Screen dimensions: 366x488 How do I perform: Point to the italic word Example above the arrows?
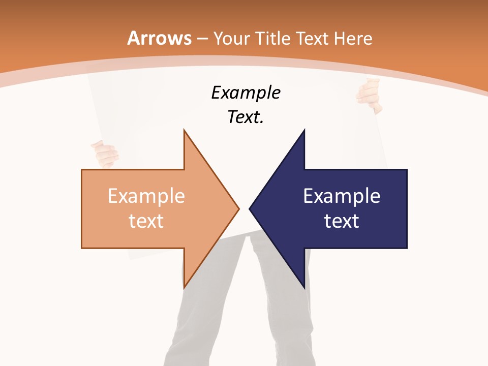pyautogui.click(x=246, y=93)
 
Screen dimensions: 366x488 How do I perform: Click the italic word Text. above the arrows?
pyautogui.click(x=246, y=117)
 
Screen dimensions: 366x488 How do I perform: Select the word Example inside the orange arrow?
pyautogui.click(x=146, y=196)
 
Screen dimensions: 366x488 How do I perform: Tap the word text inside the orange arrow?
pyautogui.click(x=146, y=221)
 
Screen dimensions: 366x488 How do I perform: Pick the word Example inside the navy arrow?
pyautogui.click(x=342, y=196)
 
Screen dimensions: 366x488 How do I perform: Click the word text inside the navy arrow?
pyautogui.click(x=342, y=221)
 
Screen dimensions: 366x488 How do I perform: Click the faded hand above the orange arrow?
pyautogui.click(x=105, y=154)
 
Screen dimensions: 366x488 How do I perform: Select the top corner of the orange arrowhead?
pyautogui.click(x=184, y=130)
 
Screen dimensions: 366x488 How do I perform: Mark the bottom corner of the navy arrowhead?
pyautogui.click(x=304, y=288)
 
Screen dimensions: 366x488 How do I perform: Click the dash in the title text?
pyautogui.click(x=202, y=39)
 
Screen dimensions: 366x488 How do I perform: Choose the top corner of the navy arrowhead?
pyautogui.click(x=304, y=130)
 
